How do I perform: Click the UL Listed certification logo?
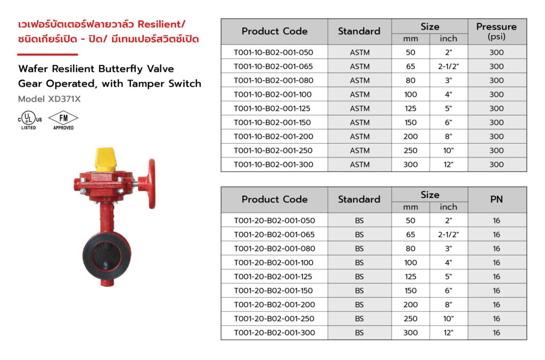30,120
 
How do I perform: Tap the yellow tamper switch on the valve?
105,160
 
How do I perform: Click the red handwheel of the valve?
151,183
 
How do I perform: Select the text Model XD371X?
49,99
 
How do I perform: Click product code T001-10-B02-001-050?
274,53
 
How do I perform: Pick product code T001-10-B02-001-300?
274,164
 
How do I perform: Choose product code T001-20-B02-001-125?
273,277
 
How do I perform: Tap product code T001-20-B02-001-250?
274,319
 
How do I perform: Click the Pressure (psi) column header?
497,31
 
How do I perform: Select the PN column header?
497,199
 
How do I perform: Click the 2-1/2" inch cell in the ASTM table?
448,66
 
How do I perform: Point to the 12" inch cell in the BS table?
448,332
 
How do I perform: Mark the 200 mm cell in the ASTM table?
410,137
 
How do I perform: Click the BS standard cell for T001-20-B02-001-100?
359,263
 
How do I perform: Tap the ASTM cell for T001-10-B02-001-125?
360,108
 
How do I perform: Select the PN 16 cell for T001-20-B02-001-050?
497,221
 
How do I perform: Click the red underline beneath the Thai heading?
47,54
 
